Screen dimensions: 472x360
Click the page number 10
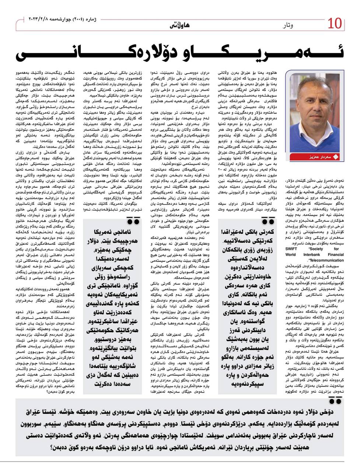(335, 25)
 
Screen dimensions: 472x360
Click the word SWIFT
(291, 249)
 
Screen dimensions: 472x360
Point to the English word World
(290, 254)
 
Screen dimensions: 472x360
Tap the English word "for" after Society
(337, 249)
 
